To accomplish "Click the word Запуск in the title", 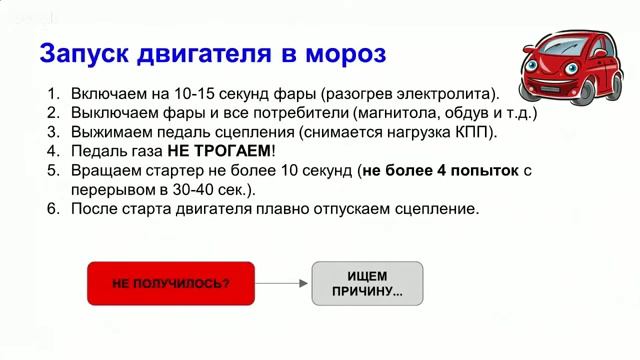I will [81, 52].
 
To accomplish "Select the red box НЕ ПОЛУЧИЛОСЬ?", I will [171, 283].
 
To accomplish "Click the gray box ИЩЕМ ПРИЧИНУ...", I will [368, 283].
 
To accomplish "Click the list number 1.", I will [54, 93].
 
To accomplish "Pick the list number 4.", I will [54, 151].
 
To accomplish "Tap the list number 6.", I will [54, 209].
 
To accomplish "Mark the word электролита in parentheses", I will [446, 93].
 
